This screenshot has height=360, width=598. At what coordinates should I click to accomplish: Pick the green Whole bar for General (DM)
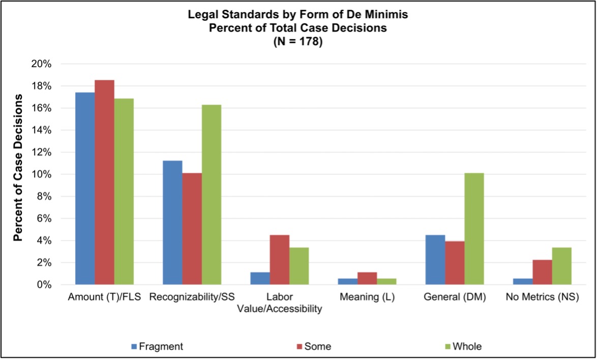pyautogui.click(x=474, y=229)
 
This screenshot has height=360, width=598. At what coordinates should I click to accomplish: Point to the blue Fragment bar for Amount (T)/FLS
pyautogui.click(x=84, y=188)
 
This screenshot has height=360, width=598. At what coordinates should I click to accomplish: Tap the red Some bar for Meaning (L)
pyautogui.click(x=368, y=278)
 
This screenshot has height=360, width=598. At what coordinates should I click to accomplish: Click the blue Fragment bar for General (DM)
pyautogui.click(x=435, y=260)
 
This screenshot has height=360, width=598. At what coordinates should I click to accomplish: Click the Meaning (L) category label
pyautogui.click(x=367, y=298)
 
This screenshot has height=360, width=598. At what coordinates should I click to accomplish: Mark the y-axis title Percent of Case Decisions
pyautogui.click(x=18, y=168)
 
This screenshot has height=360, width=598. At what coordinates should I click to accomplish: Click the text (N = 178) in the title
pyautogui.click(x=298, y=43)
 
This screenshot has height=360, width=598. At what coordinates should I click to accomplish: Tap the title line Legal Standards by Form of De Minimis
pyautogui.click(x=298, y=15)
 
